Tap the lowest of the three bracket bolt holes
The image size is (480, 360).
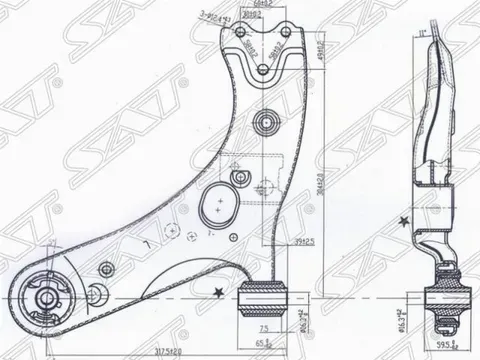[263, 69]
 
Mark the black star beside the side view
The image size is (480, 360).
[402, 221]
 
